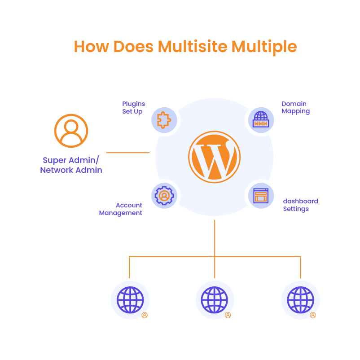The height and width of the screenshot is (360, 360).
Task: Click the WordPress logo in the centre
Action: click(214, 157)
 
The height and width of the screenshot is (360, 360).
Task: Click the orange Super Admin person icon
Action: click(71, 131)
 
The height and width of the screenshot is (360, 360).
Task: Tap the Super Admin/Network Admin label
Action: click(71, 165)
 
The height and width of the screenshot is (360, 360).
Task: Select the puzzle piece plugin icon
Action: click(163, 120)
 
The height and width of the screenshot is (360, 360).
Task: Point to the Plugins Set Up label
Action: click(134, 108)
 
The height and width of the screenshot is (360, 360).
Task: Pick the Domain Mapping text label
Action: click(295, 108)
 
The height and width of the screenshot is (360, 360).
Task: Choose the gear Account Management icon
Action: click(164, 196)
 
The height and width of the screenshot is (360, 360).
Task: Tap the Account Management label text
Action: click(121, 209)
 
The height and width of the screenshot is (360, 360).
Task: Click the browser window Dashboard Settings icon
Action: click(260, 196)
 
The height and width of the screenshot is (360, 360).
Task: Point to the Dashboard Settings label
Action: click(300, 205)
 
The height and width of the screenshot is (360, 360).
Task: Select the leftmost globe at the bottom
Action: click(130, 300)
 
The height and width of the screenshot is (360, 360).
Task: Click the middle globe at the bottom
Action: click(215, 300)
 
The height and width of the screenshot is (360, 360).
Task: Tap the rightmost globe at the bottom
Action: click(300, 300)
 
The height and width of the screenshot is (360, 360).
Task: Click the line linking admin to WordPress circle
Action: click(128, 153)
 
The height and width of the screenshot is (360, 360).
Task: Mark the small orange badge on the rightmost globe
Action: click(313, 315)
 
